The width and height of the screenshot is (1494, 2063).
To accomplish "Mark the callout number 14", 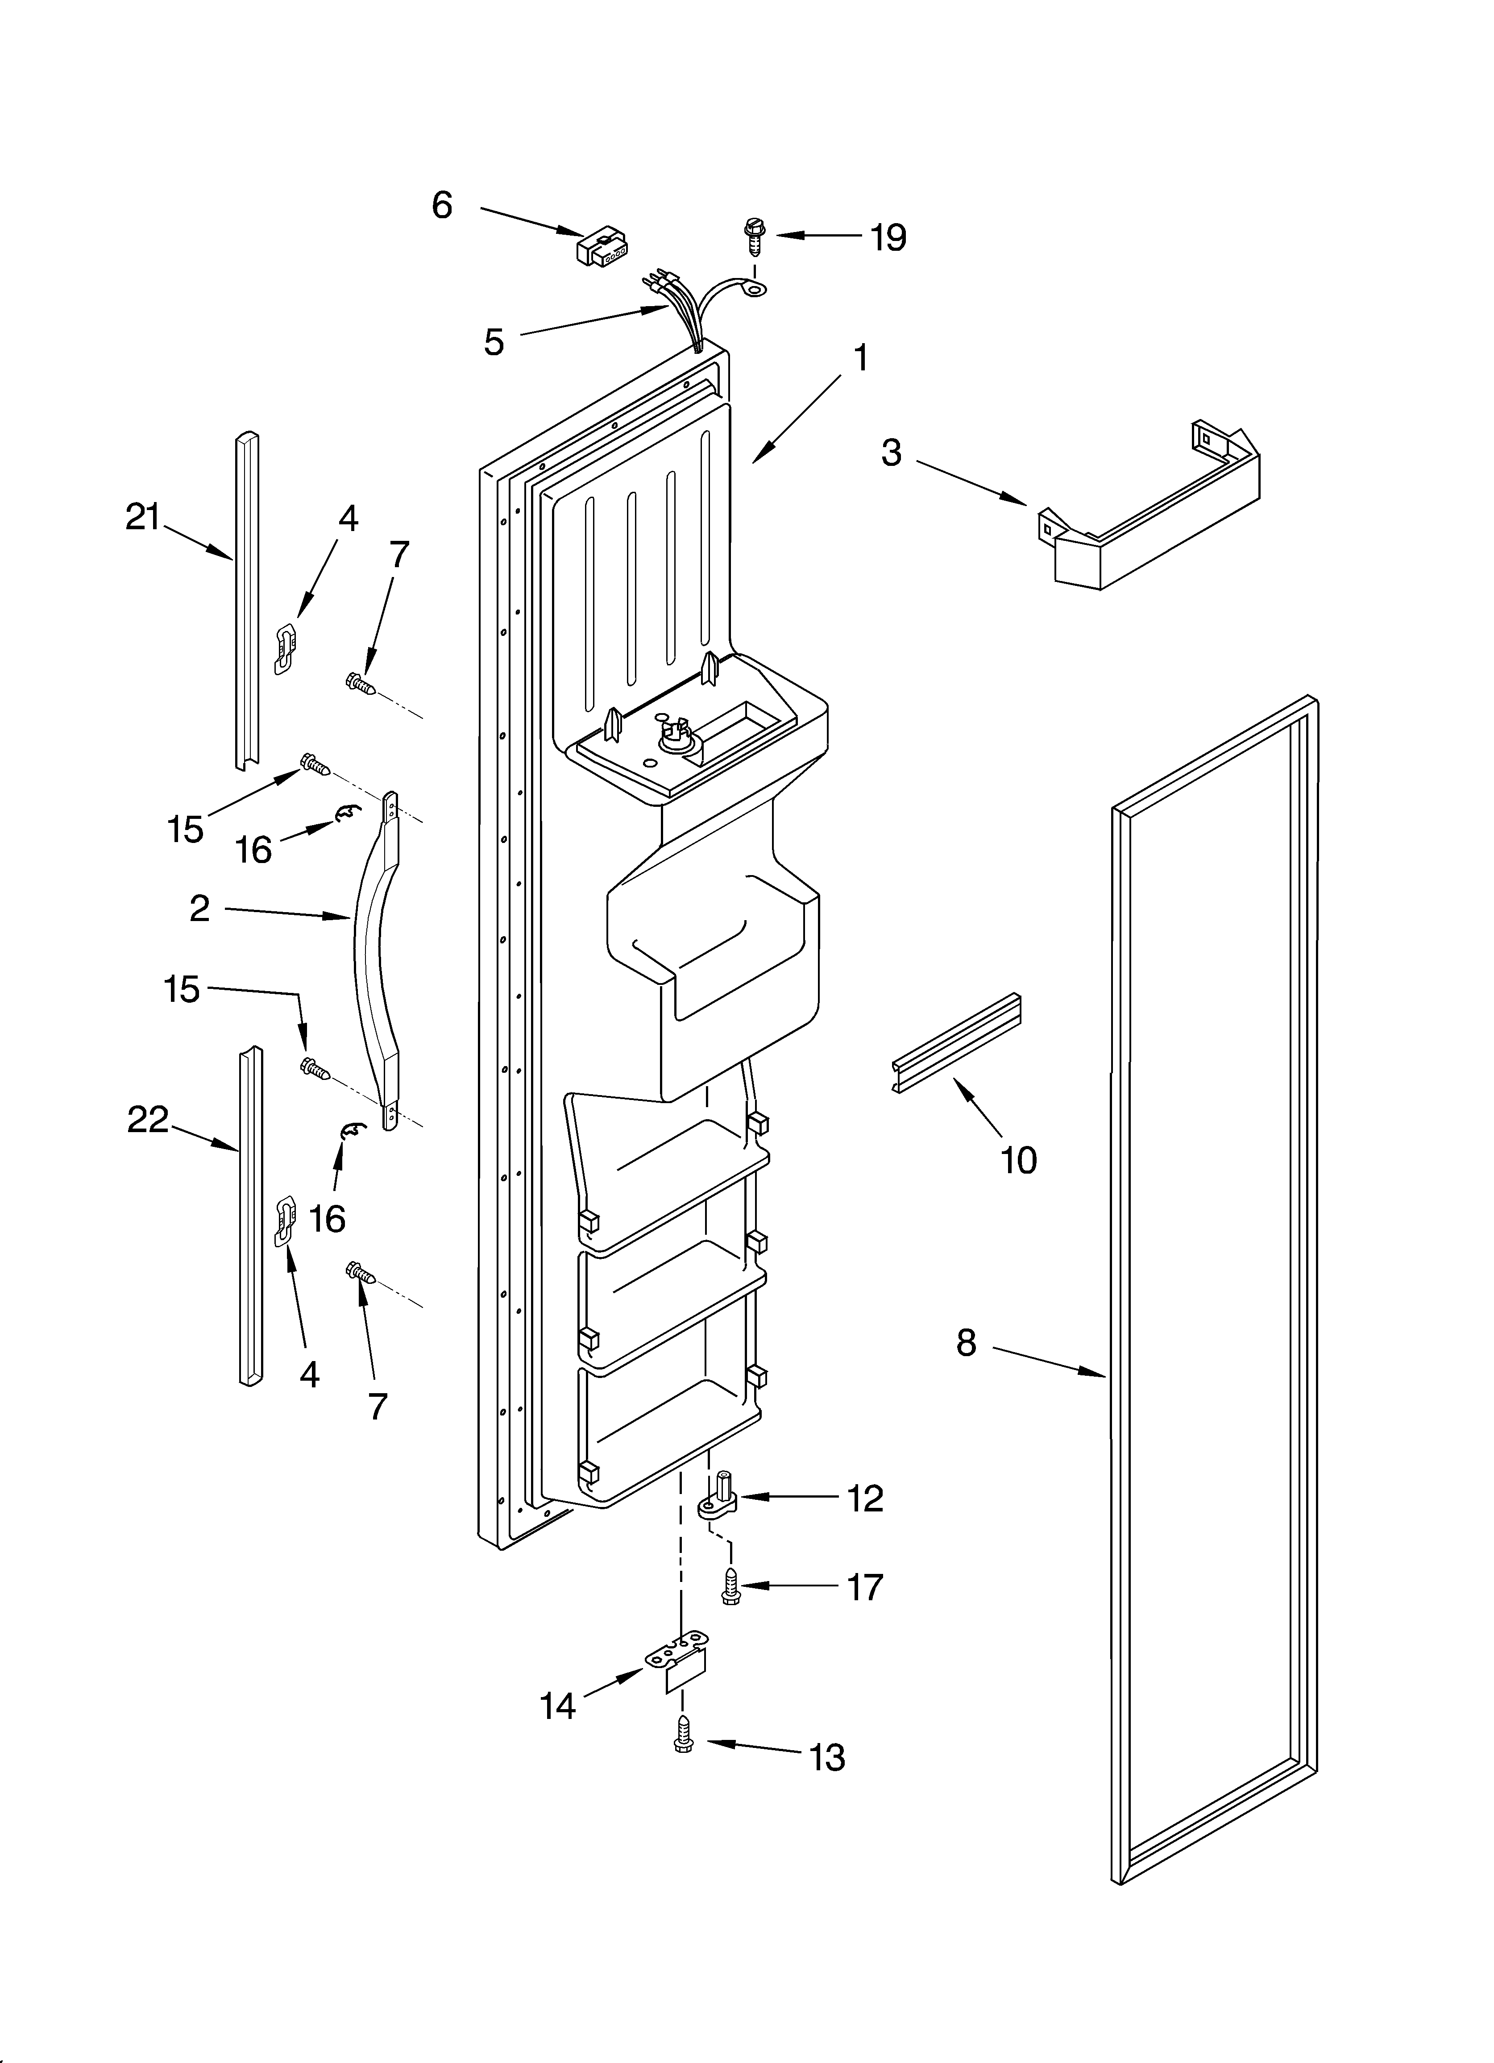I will tap(558, 1706).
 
